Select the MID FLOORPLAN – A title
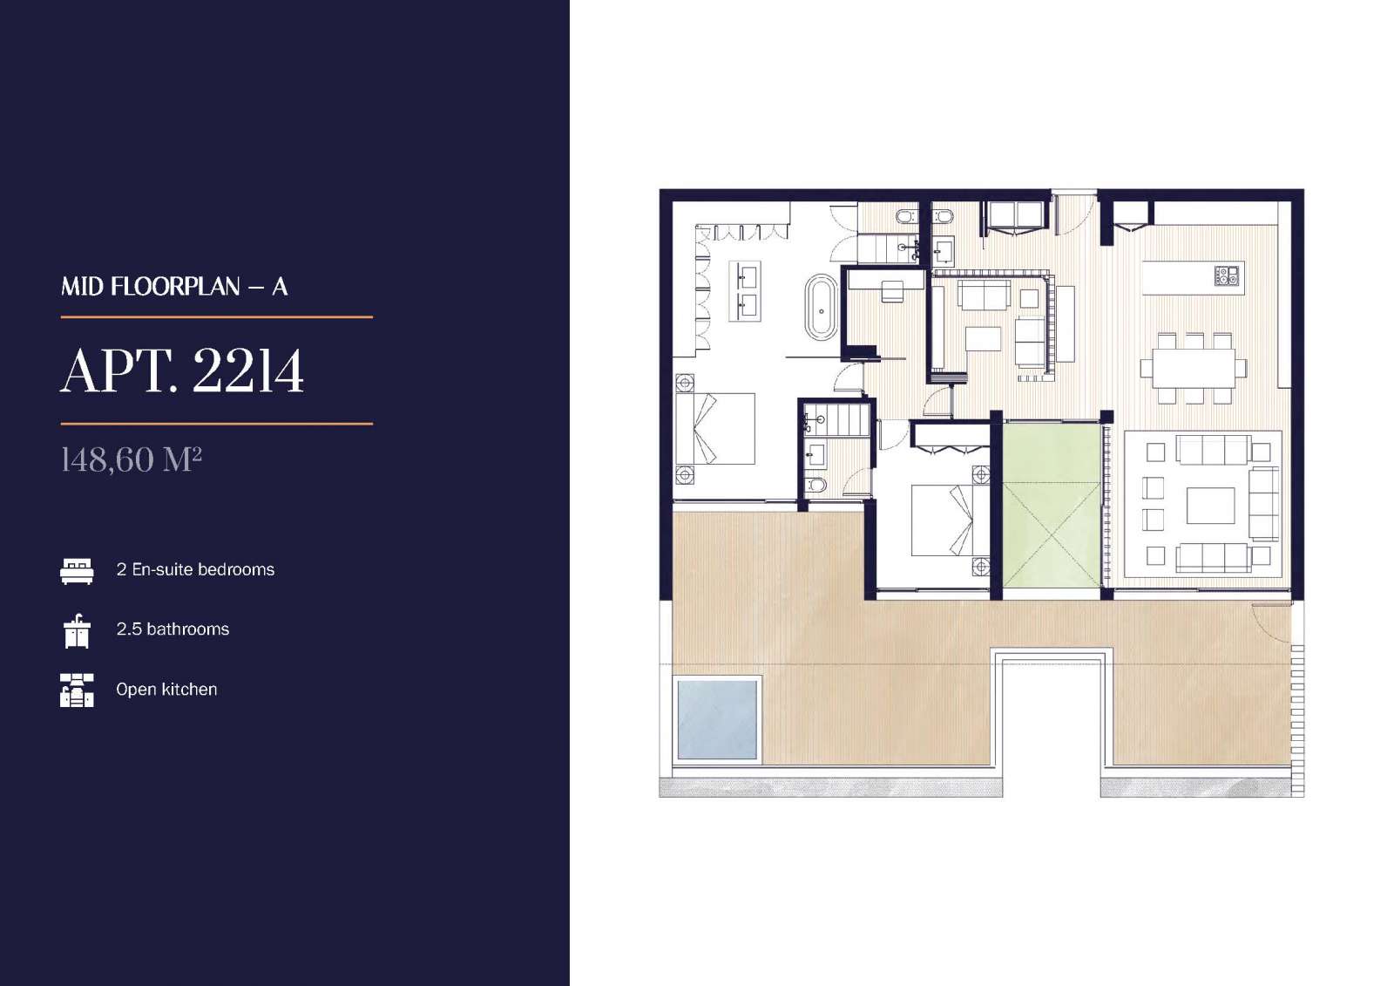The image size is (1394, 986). tap(174, 287)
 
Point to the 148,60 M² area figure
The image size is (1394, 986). tap(132, 459)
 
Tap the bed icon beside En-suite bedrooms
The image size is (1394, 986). tap(78, 570)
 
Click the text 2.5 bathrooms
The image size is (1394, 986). tap(173, 629)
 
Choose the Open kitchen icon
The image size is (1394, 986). tap(78, 690)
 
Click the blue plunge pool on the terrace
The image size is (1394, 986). tap(717, 719)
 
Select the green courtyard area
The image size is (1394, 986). tap(1051, 505)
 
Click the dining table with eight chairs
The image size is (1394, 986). tap(1194, 368)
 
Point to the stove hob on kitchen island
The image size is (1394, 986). tap(1226, 275)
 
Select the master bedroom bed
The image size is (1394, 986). tap(715, 429)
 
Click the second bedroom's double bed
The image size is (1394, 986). tap(942, 520)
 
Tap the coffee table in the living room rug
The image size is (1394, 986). tap(1210, 506)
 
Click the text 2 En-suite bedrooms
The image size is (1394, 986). tap(195, 569)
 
